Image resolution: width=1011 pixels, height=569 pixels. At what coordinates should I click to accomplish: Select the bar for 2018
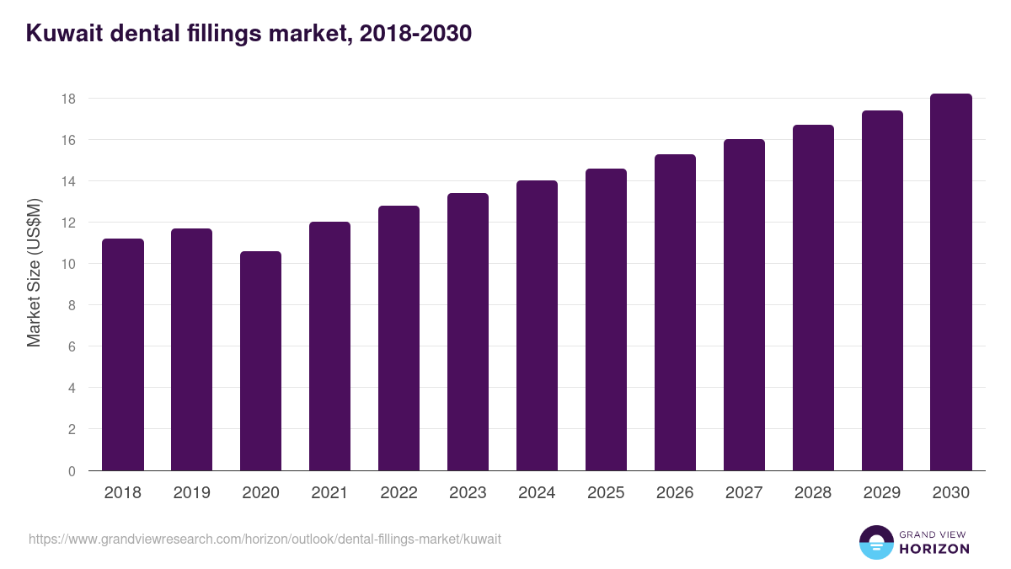[123, 355]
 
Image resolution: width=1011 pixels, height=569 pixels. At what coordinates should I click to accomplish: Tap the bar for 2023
[468, 332]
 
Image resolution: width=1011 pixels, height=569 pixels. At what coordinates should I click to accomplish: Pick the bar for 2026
[675, 313]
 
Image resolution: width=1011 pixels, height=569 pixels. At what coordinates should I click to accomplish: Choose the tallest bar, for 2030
[951, 282]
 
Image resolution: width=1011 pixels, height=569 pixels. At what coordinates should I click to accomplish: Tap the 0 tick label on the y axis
[72, 471]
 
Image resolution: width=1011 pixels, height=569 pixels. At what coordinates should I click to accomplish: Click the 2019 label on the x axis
[192, 493]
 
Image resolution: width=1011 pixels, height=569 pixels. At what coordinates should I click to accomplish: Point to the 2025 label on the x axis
[606, 493]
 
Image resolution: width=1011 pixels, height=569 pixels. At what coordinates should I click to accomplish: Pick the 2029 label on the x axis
[882, 493]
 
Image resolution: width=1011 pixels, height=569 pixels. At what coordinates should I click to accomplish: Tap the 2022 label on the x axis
[399, 493]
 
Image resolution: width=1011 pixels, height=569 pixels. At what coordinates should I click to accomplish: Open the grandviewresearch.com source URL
[265, 539]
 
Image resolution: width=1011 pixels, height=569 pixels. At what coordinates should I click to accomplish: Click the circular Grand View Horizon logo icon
[876, 543]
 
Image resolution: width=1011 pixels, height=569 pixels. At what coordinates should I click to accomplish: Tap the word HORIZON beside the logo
[934, 549]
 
